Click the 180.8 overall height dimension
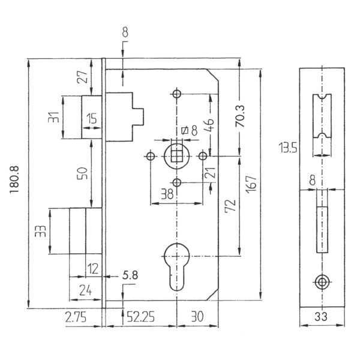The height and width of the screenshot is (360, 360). point(14,180)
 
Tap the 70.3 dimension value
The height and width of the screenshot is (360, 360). point(241,116)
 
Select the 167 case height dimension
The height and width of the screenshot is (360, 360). point(251,185)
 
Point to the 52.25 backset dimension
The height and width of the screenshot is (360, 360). point(141,317)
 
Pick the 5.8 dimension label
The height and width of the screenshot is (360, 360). point(130,275)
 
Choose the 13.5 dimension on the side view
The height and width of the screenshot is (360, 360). point(287,148)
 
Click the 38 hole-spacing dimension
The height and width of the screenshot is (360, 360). point(167,194)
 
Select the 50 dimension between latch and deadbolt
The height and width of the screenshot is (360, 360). point(83,173)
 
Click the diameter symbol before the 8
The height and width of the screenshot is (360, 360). point(185,130)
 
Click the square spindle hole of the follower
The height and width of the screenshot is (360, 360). point(176,157)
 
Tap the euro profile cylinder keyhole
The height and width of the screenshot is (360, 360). point(177,266)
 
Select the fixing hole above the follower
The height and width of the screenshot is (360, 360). point(177,94)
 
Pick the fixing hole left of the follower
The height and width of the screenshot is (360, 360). point(151,157)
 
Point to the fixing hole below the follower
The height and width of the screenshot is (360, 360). point(177,183)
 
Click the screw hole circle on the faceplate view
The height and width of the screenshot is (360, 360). point(322,282)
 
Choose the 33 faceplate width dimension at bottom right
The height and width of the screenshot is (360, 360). point(321,317)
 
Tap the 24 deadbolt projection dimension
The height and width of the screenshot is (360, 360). point(85,290)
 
